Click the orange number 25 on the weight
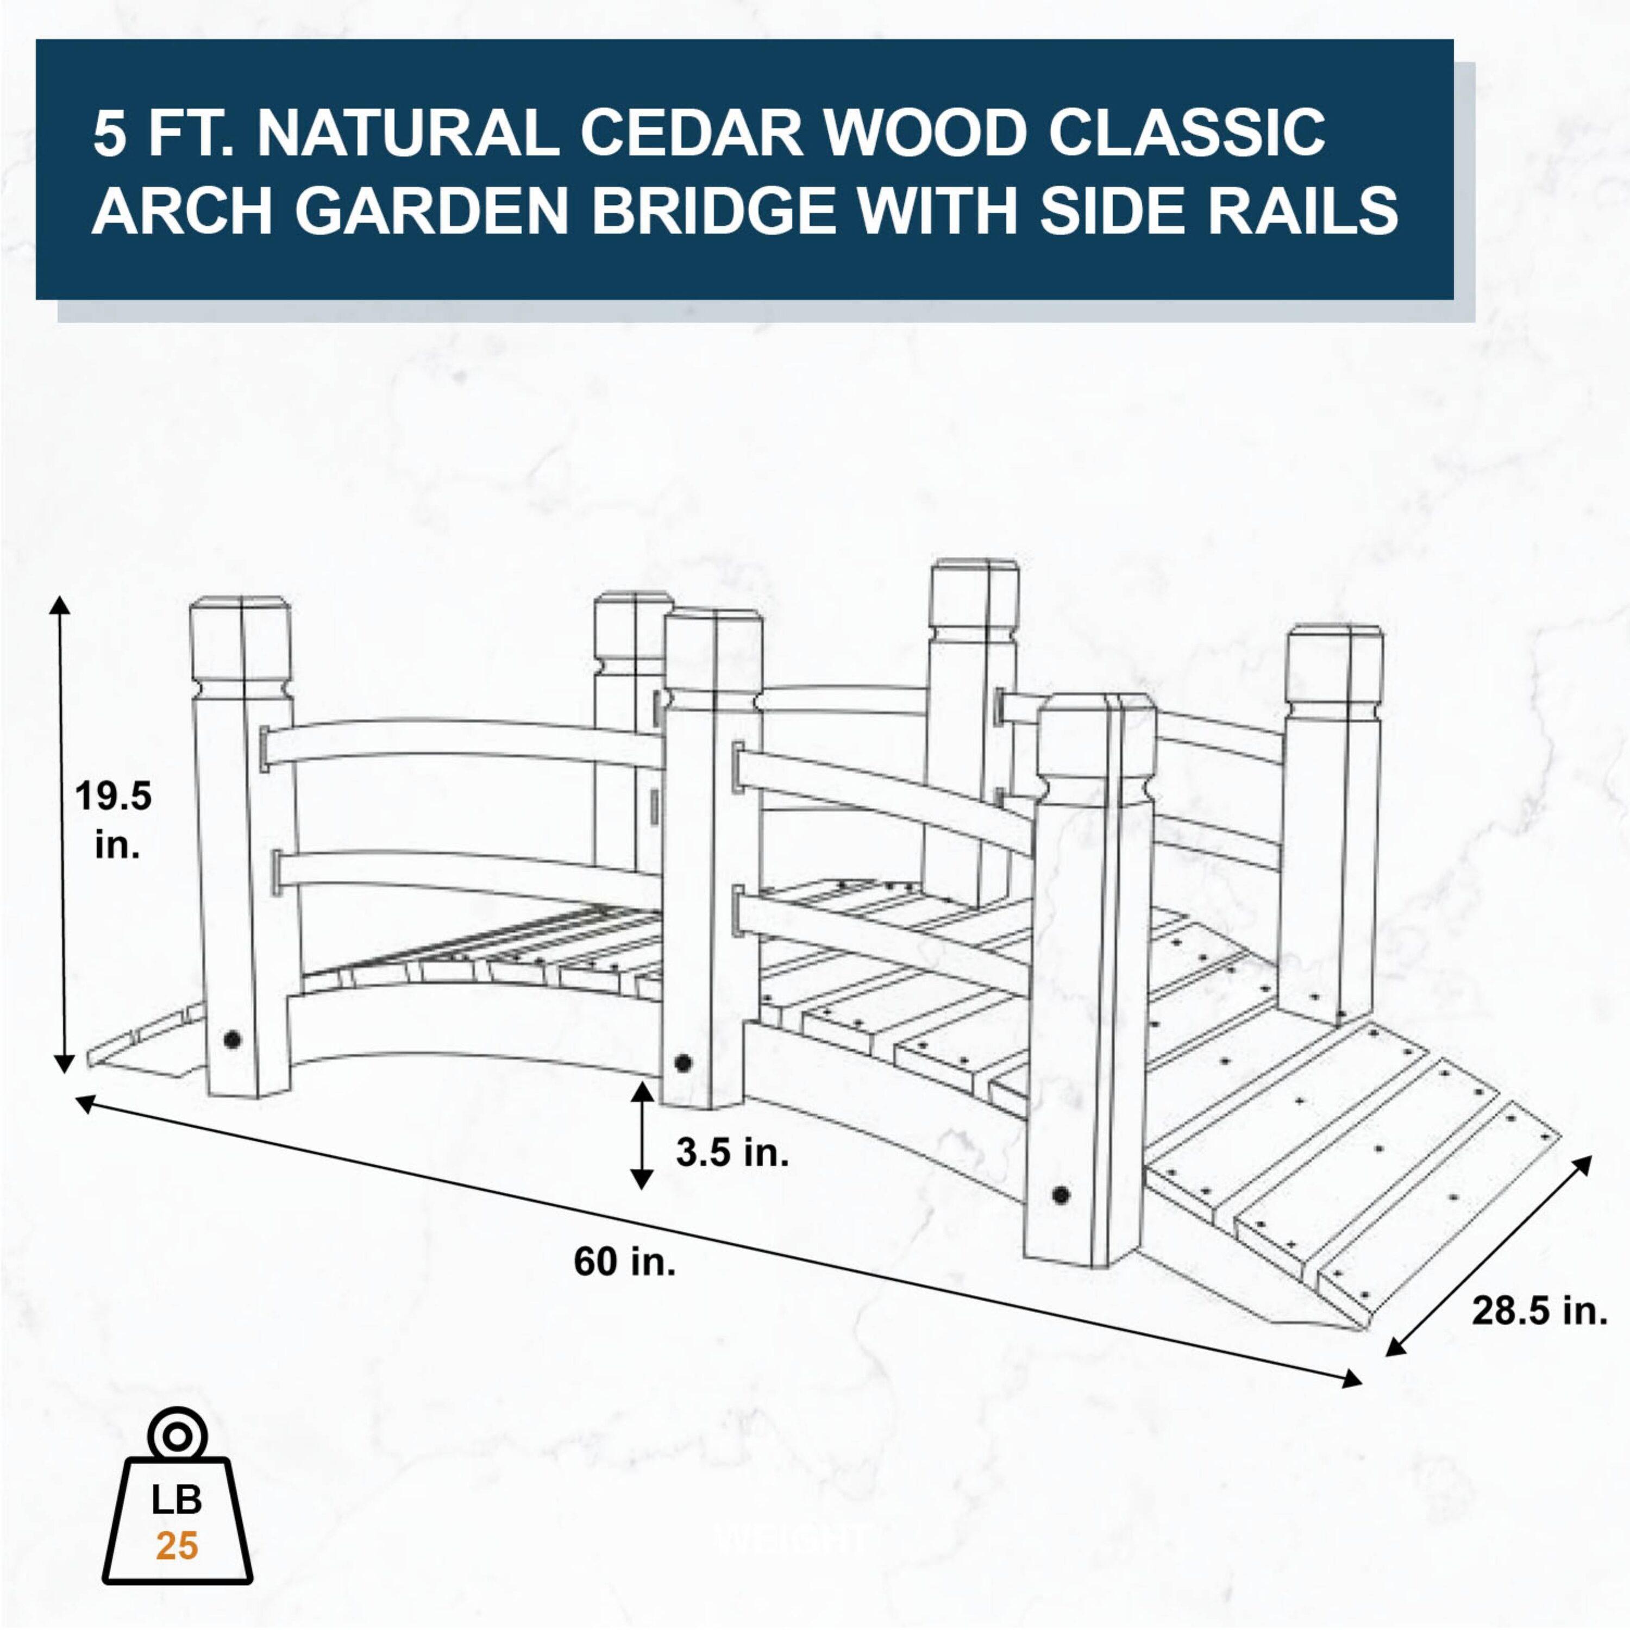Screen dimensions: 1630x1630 (177, 1546)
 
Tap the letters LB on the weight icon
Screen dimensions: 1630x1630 (177, 1499)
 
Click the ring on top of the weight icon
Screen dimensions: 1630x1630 (177, 1435)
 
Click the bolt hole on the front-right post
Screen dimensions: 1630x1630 (1061, 1195)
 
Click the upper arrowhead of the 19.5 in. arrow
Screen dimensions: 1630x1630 (60, 604)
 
